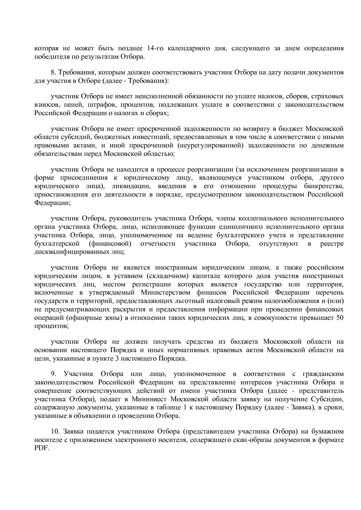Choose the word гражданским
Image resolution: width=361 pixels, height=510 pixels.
[x=323, y=374]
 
